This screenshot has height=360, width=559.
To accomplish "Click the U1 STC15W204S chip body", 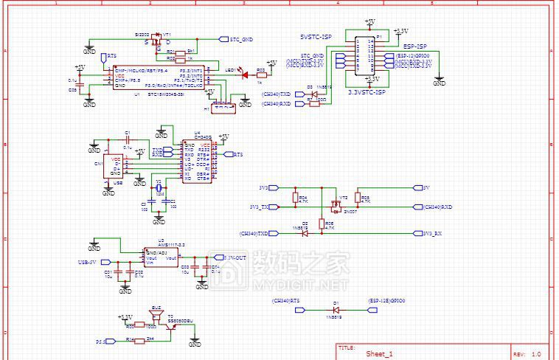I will coord(159,78).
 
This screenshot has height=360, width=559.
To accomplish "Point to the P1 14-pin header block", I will coord(365,55).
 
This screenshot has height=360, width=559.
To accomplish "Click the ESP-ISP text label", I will coord(416,46).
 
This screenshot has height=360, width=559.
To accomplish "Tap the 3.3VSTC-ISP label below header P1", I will coord(367,92).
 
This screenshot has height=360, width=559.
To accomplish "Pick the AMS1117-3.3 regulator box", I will coord(162,257).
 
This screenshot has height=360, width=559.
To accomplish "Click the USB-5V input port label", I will coord(90,262).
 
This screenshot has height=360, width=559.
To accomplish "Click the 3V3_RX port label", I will coord(433,233).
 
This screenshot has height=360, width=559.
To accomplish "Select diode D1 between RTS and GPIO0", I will coord(336,311).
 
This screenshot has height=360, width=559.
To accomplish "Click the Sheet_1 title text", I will coord(380,354).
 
